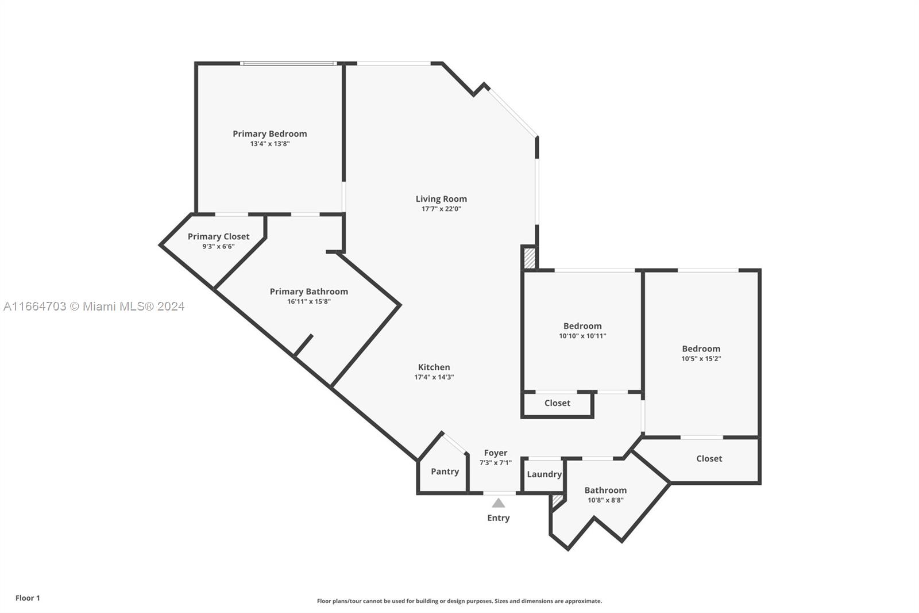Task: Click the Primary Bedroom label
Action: (x=269, y=134)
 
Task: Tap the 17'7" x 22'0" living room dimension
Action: (x=441, y=209)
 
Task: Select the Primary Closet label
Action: (x=218, y=237)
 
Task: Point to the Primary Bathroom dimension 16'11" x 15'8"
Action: (x=308, y=301)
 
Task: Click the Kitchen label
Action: (x=434, y=367)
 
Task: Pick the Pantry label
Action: (x=445, y=472)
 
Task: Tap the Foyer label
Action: (x=496, y=453)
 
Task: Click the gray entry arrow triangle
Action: (x=498, y=503)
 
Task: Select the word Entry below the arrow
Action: (x=498, y=518)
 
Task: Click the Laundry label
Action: (x=544, y=474)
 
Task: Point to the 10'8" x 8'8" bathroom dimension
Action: (x=605, y=500)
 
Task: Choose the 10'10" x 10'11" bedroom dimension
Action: (x=582, y=336)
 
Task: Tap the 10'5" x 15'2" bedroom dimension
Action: (x=701, y=359)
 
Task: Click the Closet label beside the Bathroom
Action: (x=709, y=458)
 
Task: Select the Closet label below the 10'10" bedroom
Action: (x=557, y=403)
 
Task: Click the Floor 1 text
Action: (x=28, y=598)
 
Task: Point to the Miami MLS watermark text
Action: (x=94, y=306)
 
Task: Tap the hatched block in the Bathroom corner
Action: (x=557, y=501)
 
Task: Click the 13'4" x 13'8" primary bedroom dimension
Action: (x=269, y=144)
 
